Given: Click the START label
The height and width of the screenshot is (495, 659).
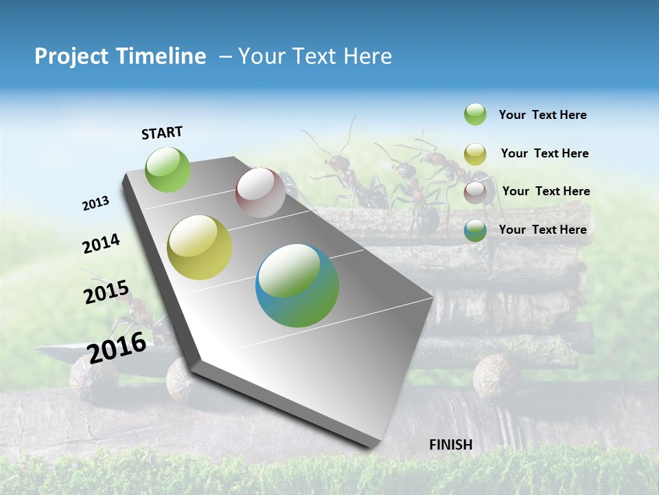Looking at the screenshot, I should [x=162, y=133].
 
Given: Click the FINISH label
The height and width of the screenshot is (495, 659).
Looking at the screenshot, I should [x=450, y=445].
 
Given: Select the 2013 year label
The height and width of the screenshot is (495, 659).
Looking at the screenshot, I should [x=96, y=203].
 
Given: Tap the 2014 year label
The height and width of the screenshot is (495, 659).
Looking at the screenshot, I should [x=101, y=243].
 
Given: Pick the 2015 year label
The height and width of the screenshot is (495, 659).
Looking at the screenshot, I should [x=106, y=292].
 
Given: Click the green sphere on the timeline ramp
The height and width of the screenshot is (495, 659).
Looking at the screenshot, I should [x=168, y=169].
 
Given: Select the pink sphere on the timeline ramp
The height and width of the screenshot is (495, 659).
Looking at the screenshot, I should [x=260, y=192].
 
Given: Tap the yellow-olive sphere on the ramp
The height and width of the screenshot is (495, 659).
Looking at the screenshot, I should [x=200, y=247].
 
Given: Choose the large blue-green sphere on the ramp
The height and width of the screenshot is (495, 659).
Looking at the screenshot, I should [x=297, y=285].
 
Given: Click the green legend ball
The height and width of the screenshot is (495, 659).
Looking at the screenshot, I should [x=475, y=114].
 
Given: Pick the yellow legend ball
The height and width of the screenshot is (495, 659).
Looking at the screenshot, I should [x=475, y=154].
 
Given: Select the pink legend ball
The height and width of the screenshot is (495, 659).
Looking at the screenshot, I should [x=475, y=192].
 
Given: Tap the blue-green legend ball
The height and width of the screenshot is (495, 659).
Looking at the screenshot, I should [x=475, y=230].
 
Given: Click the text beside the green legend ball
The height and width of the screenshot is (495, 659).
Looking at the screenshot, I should [x=542, y=115].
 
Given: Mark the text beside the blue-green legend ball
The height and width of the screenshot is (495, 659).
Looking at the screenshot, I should [x=542, y=230].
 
